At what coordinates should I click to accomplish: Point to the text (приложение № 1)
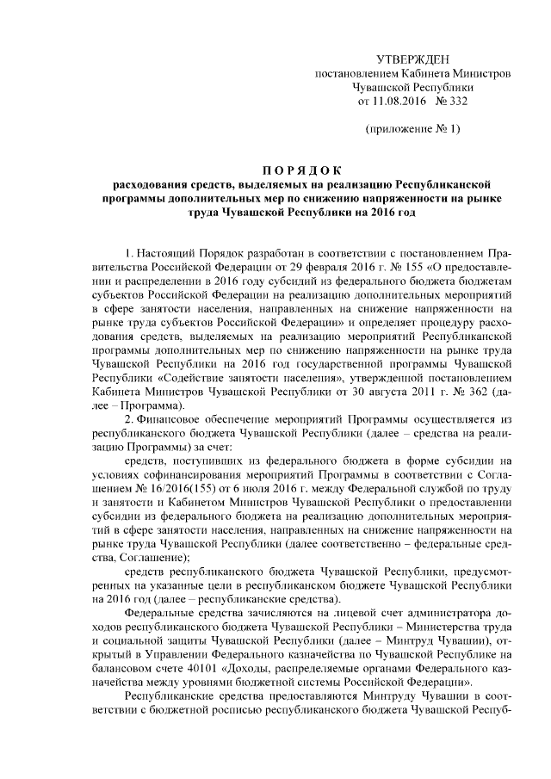tap(412, 129)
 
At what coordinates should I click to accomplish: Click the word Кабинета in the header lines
tap(429, 74)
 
